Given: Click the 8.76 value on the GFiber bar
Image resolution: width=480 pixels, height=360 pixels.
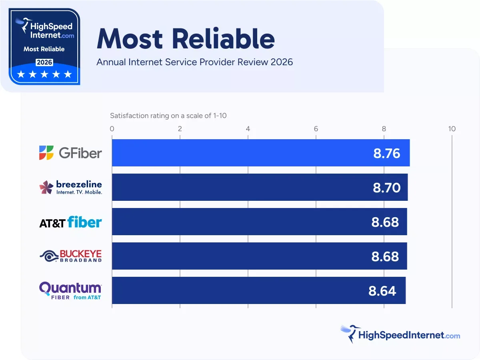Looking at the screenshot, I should (x=386, y=153).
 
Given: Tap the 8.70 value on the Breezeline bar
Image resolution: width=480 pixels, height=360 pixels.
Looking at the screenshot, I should (x=386, y=188).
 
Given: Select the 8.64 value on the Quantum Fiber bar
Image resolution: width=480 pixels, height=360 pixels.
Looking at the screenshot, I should (x=382, y=291).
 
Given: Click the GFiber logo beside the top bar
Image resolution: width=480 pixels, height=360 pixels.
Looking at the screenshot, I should (x=70, y=153).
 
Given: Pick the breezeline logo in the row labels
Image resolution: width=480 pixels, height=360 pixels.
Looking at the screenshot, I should (x=70, y=187).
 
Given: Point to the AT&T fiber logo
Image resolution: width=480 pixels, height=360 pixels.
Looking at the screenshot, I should (x=70, y=222).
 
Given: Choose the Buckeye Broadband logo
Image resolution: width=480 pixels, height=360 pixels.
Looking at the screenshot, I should (x=70, y=256).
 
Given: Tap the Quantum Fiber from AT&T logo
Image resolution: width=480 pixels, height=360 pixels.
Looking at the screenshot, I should (x=70, y=291).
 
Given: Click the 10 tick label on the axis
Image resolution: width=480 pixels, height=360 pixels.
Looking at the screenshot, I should (x=452, y=129).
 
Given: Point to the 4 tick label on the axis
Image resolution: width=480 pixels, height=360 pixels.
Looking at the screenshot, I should (x=248, y=129).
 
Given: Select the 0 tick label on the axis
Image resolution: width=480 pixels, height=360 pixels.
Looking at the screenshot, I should (x=112, y=129).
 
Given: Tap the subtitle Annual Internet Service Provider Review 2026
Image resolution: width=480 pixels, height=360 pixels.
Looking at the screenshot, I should (x=194, y=62).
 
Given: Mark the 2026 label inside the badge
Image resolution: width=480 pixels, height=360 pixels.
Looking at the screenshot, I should (x=44, y=62).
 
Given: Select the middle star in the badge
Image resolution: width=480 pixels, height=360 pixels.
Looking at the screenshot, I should (x=44, y=74).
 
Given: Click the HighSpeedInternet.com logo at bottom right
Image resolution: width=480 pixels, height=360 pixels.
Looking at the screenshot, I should (x=400, y=334).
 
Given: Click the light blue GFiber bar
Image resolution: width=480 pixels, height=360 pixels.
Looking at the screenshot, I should (x=240, y=153).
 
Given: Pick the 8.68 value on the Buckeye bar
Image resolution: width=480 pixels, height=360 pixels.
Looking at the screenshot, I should (x=385, y=256).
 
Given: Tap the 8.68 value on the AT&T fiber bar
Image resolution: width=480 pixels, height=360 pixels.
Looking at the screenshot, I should (x=385, y=222).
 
